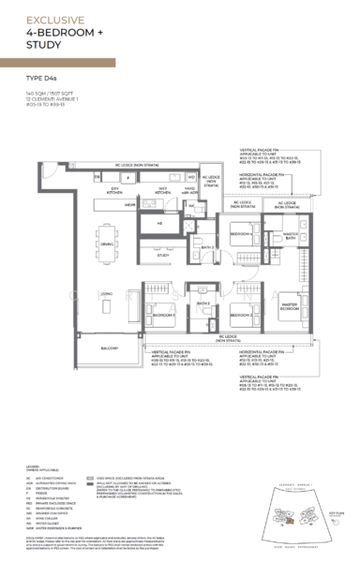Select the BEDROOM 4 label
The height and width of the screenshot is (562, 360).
(239, 234)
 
